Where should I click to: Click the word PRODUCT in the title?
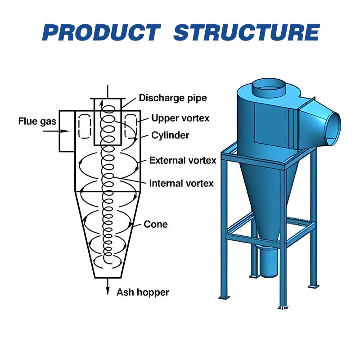[x=101, y=33]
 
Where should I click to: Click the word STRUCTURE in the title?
[x=246, y=33]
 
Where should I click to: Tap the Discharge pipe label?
[x=173, y=98]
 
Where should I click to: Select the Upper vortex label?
[x=180, y=118]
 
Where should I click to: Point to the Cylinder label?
[x=170, y=135]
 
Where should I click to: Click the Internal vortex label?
[x=181, y=183]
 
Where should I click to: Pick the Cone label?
[x=156, y=224]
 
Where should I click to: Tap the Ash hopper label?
[x=143, y=292]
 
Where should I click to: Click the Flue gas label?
[x=37, y=121]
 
